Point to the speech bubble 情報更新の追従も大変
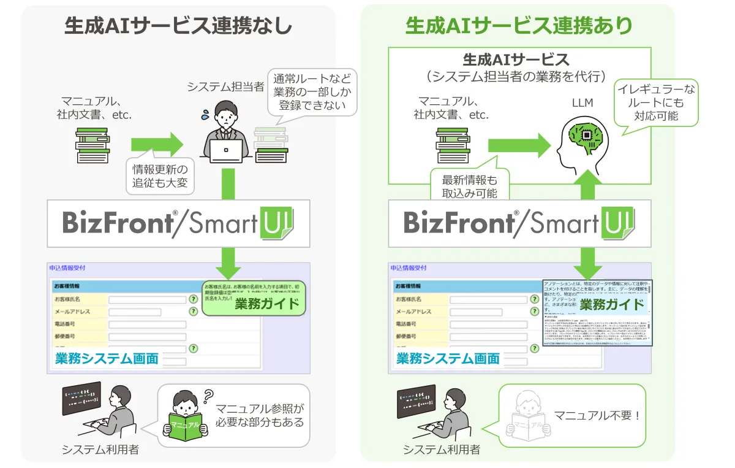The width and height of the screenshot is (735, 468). tap(160, 175)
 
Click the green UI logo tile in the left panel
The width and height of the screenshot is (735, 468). tap(277, 222)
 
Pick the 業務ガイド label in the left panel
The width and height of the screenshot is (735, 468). tap(266, 303)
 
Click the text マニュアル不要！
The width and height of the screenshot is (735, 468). tap(597, 416)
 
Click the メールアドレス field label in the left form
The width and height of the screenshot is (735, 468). tap(72, 312)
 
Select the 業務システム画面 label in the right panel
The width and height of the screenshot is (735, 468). tap(448, 358)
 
